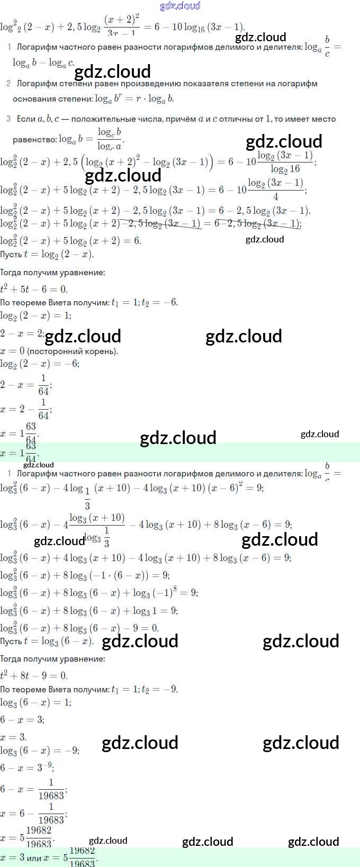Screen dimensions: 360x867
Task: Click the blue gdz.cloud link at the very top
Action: pos(180,6)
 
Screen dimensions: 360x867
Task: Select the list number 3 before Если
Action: pos(8,119)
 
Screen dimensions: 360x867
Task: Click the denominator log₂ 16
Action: pos(285,169)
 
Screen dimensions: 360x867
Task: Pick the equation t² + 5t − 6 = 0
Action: pos(34,289)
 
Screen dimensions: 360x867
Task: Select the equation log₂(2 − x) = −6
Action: pos(40,364)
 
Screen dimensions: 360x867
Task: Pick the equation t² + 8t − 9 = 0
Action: pos(34,675)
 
